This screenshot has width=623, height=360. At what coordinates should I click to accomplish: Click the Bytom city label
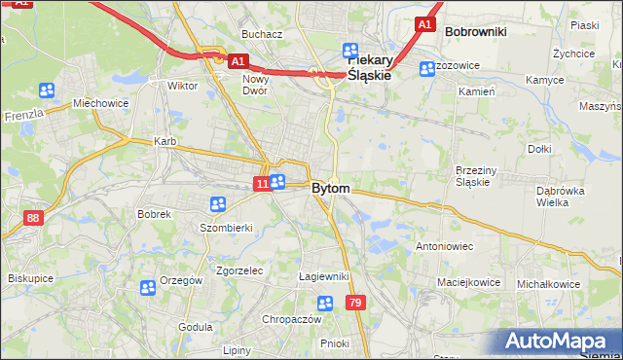pos(331,188)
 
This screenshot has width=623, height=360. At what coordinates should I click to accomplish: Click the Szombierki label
pos(226,227)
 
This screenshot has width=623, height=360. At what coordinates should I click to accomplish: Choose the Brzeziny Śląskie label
pos(478,176)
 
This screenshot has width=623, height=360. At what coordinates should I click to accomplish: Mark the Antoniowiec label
pos(444,246)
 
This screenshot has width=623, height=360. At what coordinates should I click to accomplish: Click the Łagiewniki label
pos(323,276)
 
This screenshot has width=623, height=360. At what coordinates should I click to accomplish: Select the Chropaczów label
pos(291,319)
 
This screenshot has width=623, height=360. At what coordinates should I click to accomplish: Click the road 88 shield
pos(34,218)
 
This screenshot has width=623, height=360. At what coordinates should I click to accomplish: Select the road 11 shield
pos(261,183)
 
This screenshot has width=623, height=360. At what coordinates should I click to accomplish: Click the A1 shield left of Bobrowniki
pos(424,23)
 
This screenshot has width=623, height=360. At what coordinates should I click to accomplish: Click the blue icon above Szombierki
pos(218,204)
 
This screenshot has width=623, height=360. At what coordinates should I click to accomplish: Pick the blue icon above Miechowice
pos(47,90)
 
